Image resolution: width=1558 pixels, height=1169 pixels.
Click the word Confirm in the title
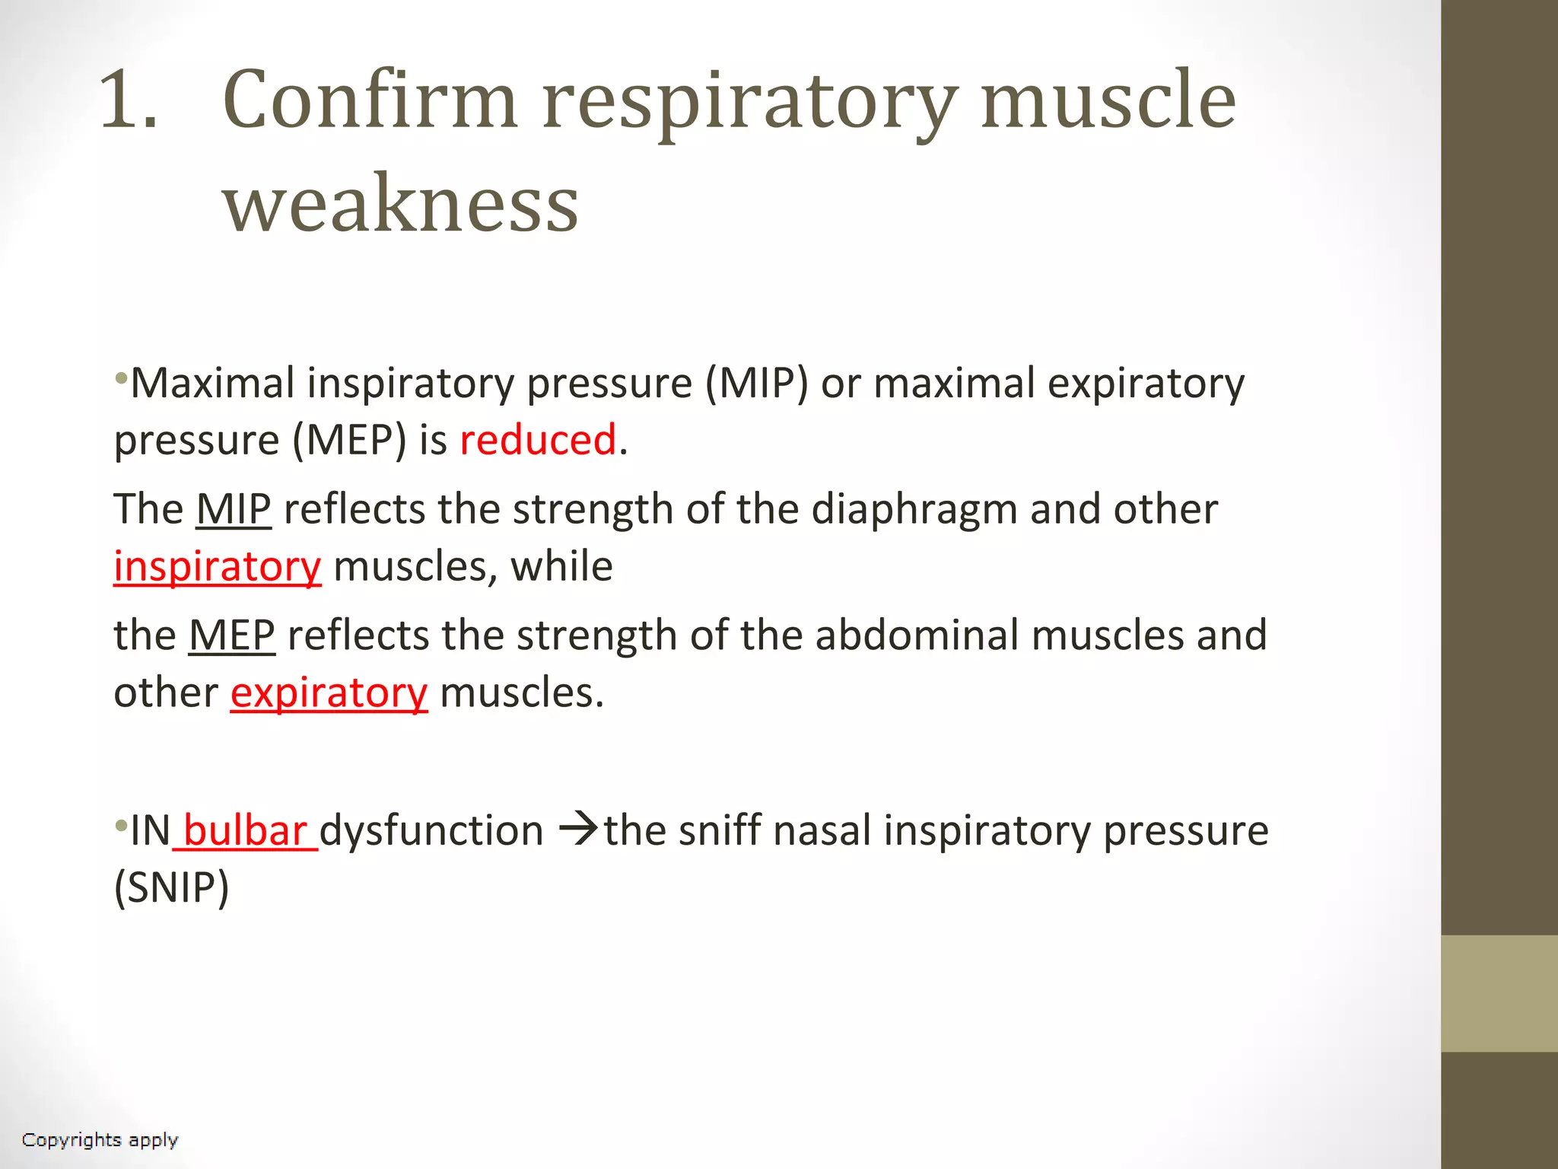pyautogui.click(x=370, y=100)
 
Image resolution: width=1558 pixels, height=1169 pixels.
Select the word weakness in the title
pyautogui.click(x=400, y=203)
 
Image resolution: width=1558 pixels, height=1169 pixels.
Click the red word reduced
pyautogui.click(x=538, y=440)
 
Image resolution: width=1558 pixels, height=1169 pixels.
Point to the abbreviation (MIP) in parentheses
pyautogui.click(x=756, y=383)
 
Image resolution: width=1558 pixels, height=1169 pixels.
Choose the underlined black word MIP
pyautogui.click(x=234, y=508)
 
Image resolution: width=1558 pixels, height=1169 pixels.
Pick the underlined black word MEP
pyautogui.click(x=232, y=635)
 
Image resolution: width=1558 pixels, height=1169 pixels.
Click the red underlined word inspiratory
pyautogui.click(x=218, y=566)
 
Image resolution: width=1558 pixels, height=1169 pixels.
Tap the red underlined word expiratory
pyautogui.click(x=329, y=693)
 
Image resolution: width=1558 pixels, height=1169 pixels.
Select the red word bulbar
pyautogui.click(x=245, y=830)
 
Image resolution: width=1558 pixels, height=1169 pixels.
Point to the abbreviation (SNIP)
pyautogui.click(x=171, y=887)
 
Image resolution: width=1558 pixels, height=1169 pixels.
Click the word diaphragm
pyautogui.click(x=914, y=508)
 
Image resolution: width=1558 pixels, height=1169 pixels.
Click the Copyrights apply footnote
pyautogui.click(x=100, y=1140)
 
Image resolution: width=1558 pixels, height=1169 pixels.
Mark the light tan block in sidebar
pyautogui.click(x=1499, y=993)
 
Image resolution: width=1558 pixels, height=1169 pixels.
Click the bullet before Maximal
pyautogui.click(x=120, y=377)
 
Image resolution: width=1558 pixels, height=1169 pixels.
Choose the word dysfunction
pyautogui.click(x=431, y=830)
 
